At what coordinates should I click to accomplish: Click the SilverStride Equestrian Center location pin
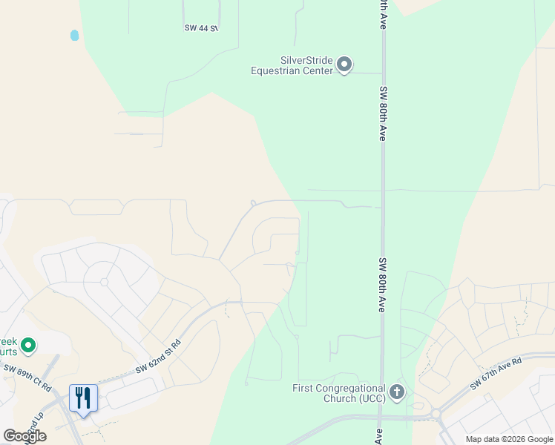coord(344,65)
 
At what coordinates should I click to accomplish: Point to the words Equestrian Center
coord(292,71)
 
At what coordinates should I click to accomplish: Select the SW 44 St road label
coord(201,28)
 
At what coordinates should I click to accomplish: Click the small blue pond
coord(74,35)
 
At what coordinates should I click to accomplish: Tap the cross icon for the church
coord(397,392)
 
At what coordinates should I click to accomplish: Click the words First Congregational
coord(339,388)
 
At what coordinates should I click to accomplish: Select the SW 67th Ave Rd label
coord(496,373)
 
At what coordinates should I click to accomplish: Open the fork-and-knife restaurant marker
coord(83,398)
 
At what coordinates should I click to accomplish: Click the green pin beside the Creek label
coord(28,345)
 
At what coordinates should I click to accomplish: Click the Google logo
coord(24,436)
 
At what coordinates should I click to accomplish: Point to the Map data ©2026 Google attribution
coord(509,439)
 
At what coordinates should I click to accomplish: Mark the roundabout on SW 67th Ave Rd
coord(436,415)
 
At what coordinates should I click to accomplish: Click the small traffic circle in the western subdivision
coord(104,283)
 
